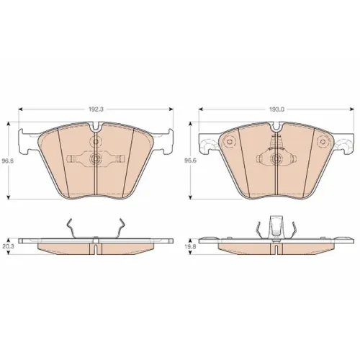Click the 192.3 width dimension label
(96, 109)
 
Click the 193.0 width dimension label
(276, 109)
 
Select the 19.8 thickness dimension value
(191, 246)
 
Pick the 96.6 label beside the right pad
(191, 161)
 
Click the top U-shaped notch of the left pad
(96, 127)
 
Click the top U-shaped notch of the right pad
(276, 127)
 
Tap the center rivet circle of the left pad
(96, 158)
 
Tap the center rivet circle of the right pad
(276, 158)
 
